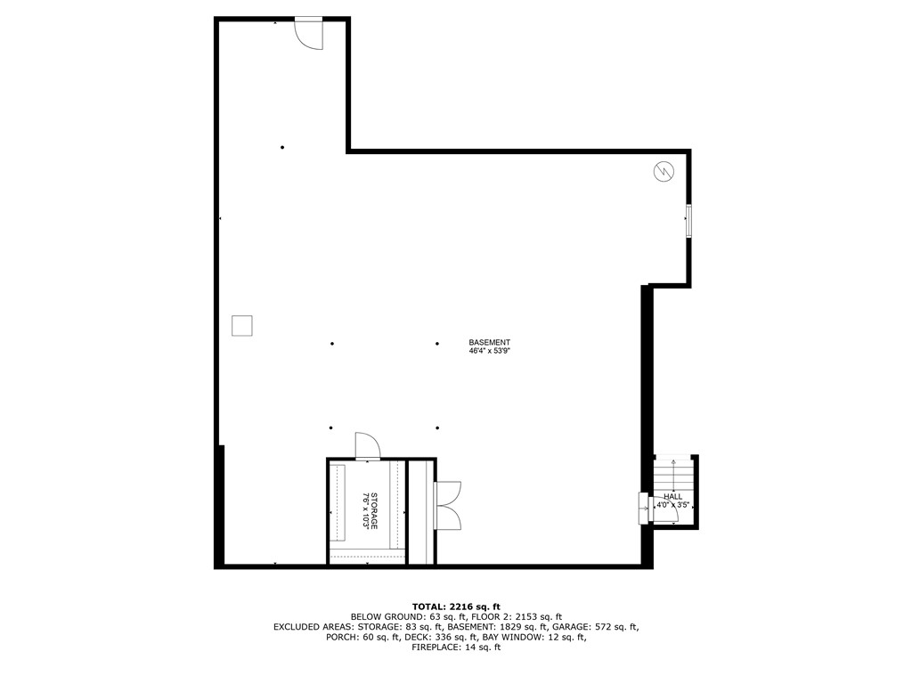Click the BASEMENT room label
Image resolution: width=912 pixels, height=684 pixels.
click(490, 342)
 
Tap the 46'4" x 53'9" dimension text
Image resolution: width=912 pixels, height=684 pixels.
click(490, 352)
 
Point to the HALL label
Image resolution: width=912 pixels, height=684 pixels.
click(673, 496)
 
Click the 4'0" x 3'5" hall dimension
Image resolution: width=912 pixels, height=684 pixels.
click(673, 505)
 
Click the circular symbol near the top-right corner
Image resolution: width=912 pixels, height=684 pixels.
click(663, 171)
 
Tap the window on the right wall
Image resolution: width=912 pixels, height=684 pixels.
click(688, 221)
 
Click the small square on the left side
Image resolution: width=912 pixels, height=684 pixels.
click(241, 325)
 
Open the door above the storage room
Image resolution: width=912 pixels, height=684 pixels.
click(367, 446)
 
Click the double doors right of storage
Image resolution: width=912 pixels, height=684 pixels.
click(446, 505)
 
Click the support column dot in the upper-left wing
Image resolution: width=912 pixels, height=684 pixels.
click(282, 147)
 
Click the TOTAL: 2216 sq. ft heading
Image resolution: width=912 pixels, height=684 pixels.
click(456, 606)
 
